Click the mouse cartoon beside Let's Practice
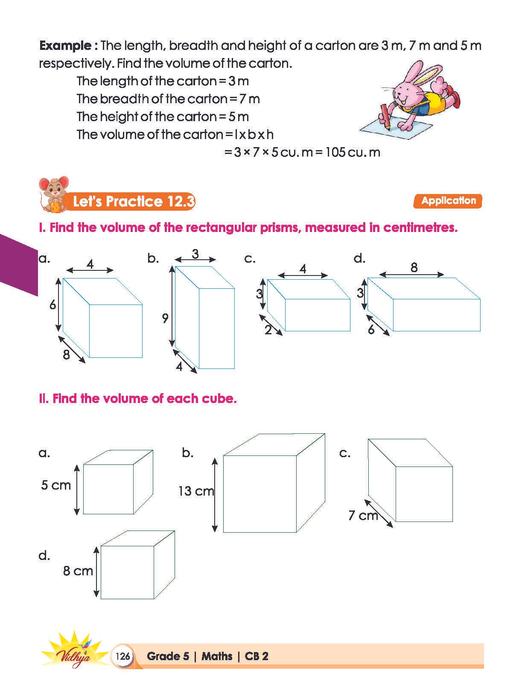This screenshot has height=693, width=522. tap(53, 194)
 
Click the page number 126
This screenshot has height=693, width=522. tap(122, 656)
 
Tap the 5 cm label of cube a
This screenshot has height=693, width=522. tap(56, 485)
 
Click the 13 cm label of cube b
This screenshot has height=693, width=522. tap(195, 491)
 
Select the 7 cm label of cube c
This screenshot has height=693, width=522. tap(363, 516)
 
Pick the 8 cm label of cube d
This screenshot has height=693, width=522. tap(78, 571)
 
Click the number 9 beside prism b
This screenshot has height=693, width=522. tap(165, 318)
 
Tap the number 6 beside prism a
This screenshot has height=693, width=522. tap(52, 305)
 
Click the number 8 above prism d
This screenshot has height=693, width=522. tap(414, 268)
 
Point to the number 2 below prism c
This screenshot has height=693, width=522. tap(268, 330)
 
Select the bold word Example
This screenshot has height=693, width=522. tap(65, 46)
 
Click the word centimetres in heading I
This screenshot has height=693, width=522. tap(420, 228)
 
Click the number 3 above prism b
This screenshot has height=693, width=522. tap(195, 254)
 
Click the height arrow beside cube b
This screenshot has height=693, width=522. tap(215, 495)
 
